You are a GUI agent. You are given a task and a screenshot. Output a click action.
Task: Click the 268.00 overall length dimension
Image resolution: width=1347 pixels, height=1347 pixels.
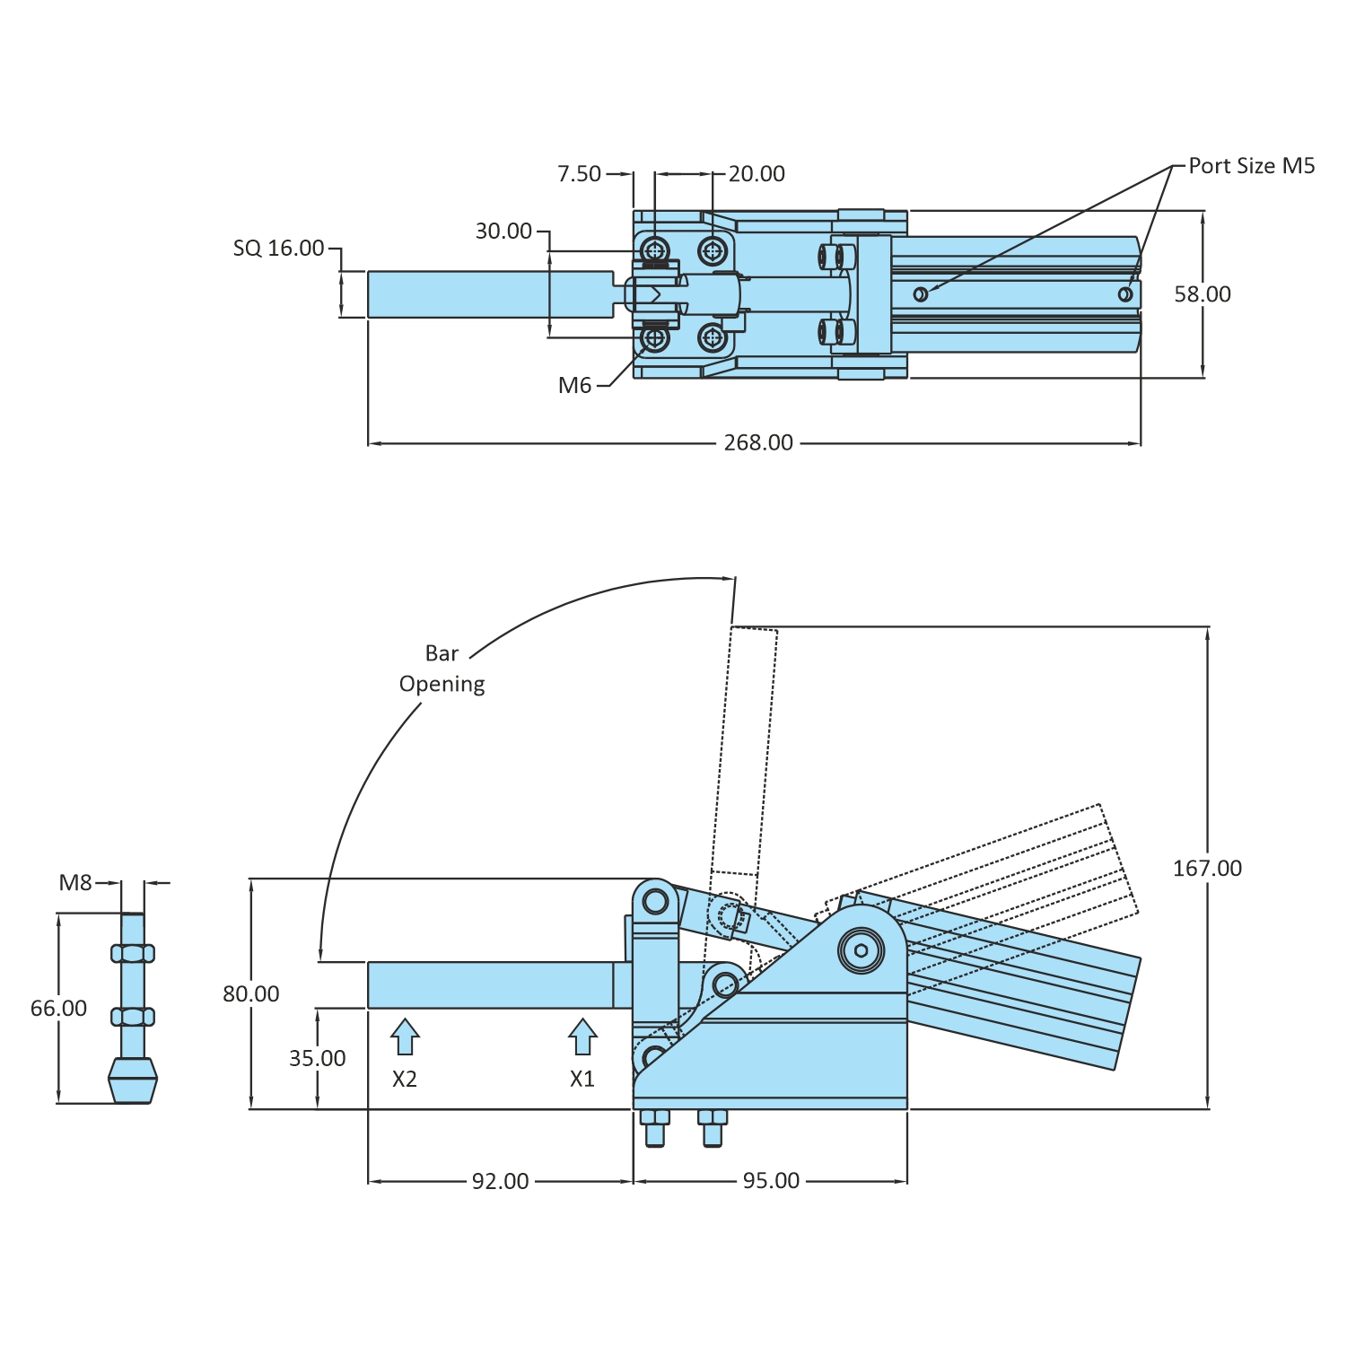tap(758, 442)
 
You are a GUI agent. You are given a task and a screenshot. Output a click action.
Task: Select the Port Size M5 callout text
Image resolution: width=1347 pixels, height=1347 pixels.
tap(1252, 166)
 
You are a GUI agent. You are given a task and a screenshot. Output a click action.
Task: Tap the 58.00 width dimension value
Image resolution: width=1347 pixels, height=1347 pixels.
tap(1203, 294)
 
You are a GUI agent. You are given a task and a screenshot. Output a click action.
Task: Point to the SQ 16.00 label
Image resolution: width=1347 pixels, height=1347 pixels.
tap(278, 248)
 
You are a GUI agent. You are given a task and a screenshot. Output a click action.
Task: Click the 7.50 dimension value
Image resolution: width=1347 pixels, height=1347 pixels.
tap(579, 174)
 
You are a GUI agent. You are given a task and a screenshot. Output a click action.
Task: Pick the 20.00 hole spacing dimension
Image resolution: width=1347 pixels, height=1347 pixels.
tap(757, 174)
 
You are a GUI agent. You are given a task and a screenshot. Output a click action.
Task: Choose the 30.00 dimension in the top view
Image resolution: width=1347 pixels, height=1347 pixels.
tap(503, 232)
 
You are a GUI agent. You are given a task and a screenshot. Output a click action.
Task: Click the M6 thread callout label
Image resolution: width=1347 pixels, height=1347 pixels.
tap(574, 386)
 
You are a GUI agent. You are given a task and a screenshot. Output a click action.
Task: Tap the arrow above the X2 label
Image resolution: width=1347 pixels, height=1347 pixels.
tap(405, 1036)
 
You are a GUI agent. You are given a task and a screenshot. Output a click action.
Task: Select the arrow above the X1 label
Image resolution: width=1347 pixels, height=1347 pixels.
tap(582, 1036)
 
